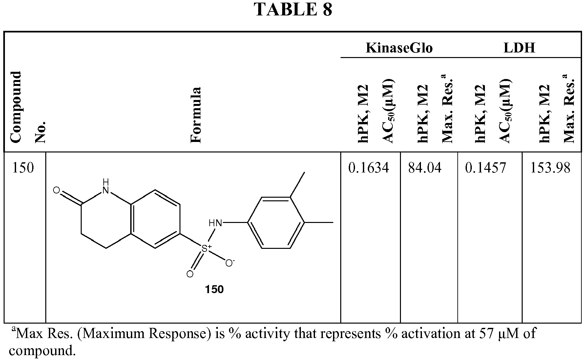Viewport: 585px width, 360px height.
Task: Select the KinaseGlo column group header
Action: [399, 48]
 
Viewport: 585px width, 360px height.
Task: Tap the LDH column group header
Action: [519, 48]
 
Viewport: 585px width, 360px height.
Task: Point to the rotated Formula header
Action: [196, 115]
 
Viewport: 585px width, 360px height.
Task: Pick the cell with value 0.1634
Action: [368, 168]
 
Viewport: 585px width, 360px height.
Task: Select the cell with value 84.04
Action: [425, 168]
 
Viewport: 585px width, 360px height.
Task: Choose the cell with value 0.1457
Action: [486, 168]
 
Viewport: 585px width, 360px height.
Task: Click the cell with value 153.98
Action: [550, 168]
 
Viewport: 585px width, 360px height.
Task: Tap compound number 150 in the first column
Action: [23, 168]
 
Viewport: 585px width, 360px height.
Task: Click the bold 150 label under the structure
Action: [214, 289]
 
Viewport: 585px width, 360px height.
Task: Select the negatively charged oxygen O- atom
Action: [229, 263]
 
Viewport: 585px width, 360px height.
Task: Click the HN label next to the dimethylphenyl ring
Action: [215, 223]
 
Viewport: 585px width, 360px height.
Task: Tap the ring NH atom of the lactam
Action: [105, 186]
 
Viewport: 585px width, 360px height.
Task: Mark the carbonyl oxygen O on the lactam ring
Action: [56, 190]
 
